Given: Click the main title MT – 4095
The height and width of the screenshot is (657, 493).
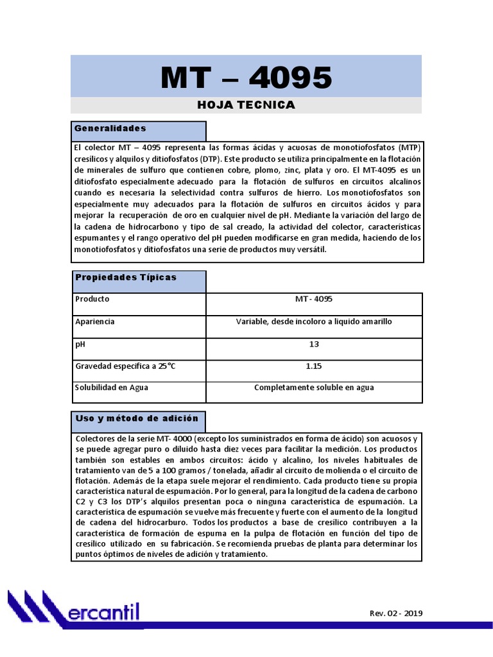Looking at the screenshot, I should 246,78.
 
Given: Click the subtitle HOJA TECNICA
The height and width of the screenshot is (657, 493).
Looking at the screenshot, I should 246,105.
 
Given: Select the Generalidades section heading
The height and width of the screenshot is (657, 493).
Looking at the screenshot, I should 110,129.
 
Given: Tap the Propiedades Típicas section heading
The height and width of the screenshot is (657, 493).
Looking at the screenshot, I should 126,277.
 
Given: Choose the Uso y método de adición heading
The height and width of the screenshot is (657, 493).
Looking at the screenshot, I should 137,418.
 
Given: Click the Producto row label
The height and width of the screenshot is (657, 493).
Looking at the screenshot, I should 92,299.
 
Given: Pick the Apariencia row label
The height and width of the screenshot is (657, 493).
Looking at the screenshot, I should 95,321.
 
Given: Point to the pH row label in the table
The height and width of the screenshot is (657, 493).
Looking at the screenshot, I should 80,344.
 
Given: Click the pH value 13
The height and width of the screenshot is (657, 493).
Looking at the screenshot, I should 314,344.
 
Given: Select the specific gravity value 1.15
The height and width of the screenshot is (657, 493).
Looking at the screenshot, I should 314,366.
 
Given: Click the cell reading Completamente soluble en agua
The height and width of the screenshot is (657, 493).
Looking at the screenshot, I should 314,388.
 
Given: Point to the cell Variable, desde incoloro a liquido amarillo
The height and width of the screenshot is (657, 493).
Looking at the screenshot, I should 314,321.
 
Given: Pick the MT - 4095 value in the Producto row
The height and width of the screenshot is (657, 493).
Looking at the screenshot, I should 314,299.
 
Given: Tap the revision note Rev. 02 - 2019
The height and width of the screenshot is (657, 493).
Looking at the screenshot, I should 396,613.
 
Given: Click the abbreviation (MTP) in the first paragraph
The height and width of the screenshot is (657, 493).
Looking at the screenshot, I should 408,148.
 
